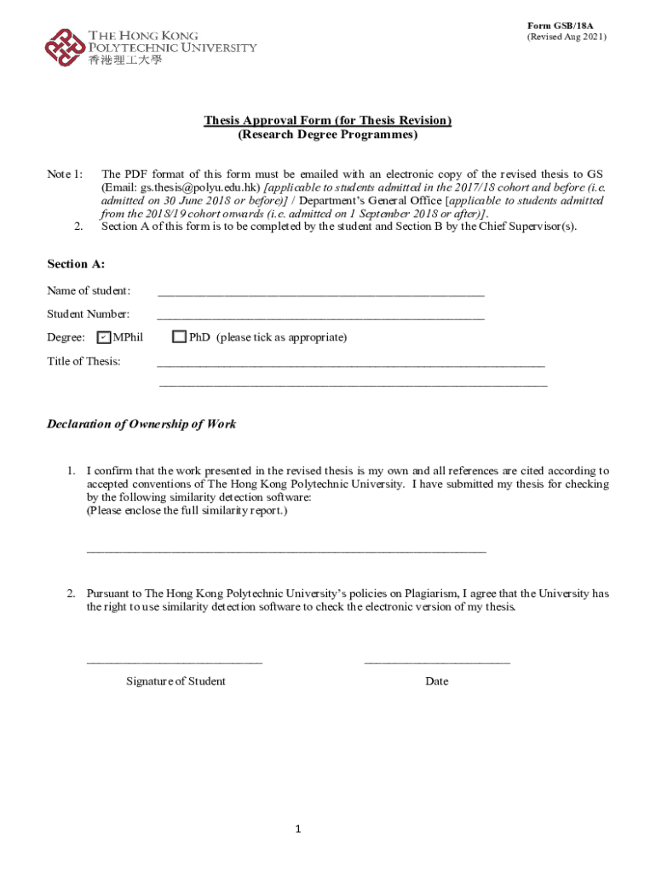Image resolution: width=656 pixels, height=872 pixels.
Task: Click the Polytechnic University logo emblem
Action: (x=65, y=47)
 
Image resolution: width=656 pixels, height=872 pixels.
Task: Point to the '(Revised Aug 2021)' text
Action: (x=567, y=37)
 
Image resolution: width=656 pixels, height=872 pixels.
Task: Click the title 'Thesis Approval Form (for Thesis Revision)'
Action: (x=327, y=121)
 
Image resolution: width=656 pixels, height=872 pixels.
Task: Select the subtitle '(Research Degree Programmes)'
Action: (x=327, y=135)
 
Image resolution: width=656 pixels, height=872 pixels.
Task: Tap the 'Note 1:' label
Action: (x=65, y=174)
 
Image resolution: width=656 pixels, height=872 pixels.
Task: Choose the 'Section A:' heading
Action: (x=75, y=265)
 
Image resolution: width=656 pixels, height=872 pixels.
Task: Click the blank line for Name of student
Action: (x=321, y=293)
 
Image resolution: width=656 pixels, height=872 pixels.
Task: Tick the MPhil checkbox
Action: (x=104, y=337)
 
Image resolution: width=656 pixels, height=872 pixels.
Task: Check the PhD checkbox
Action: (x=179, y=337)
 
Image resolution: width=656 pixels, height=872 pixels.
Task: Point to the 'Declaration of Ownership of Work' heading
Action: (x=141, y=424)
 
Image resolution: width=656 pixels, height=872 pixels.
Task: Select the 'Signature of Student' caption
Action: (x=176, y=681)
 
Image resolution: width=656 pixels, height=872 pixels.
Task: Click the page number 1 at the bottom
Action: (x=299, y=829)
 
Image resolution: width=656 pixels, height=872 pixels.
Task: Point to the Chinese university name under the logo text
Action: (x=124, y=60)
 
